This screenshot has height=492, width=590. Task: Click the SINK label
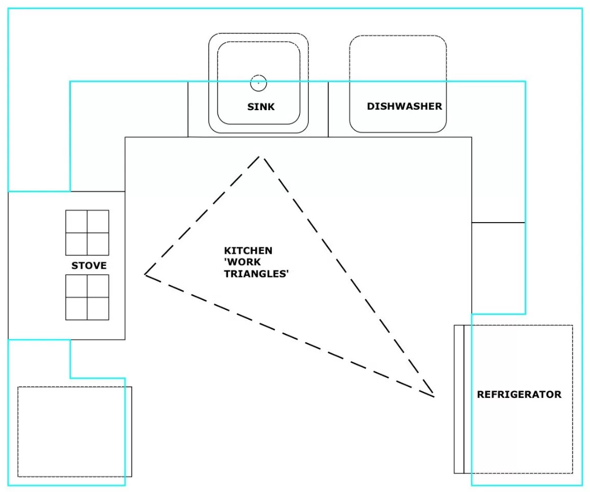point(261,107)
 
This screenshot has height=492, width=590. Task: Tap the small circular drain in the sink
point(258,83)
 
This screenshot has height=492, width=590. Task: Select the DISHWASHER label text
point(404,107)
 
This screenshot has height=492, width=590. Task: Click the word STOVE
point(89,266)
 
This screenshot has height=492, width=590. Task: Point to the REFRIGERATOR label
point(518,395)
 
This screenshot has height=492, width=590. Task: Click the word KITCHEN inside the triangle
point(248,251)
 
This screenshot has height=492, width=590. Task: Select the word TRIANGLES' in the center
point(256,275)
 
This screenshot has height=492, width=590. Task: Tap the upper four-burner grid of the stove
point(87,232)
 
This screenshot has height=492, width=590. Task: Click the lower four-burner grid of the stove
point(87,297)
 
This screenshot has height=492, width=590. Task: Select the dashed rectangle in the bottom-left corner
point(72,431)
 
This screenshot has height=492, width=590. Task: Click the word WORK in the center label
point(242,262)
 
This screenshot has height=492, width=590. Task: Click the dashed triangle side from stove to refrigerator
point(289,335)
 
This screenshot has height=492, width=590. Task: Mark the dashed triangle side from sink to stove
point(202,216)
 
